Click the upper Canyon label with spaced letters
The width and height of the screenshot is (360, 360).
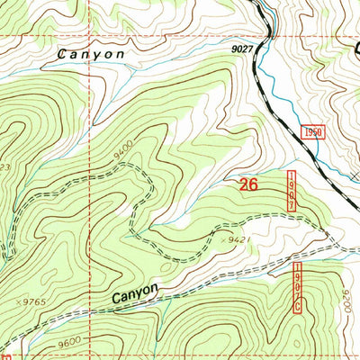90,54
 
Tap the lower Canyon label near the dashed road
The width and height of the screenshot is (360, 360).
136,292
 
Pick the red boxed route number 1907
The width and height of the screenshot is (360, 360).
292,191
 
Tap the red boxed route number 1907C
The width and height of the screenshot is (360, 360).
297,288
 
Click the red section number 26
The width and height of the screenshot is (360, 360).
251,185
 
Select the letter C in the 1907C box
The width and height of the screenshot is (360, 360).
297,308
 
